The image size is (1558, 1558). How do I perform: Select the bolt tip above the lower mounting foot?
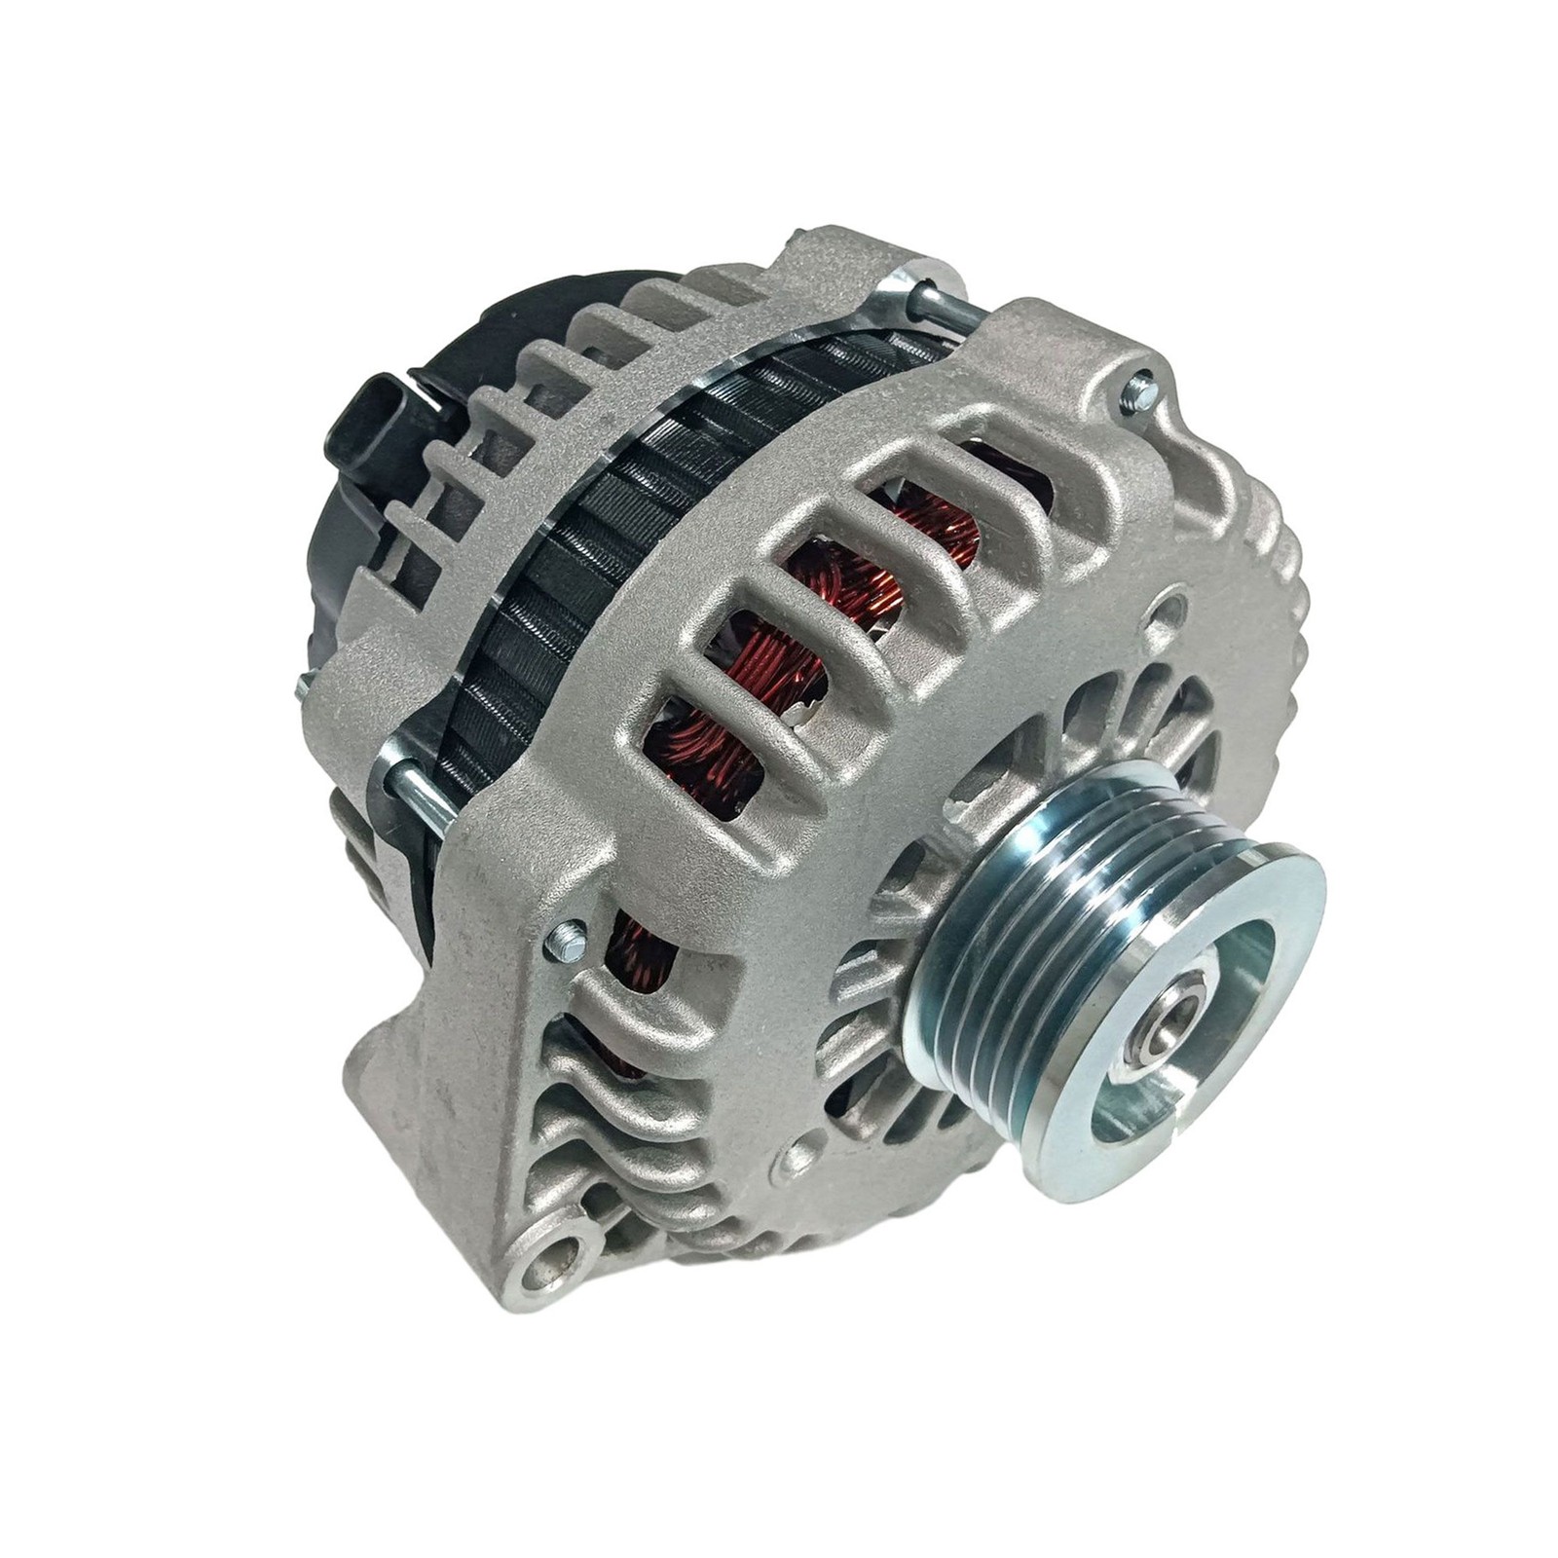point(564,941)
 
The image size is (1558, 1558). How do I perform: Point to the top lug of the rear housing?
point(837,243)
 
